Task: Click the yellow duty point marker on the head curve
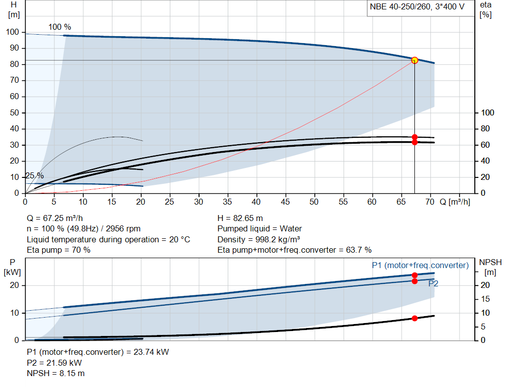coord(414,60)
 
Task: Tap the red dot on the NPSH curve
coord(414,319)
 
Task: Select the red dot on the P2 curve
coord(414,281)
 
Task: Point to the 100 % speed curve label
coord(60,27)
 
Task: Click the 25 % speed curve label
coord(34,176)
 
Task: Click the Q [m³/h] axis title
coord(455,202)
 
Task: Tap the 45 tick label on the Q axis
coord(285,202)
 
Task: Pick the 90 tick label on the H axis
coord(14,48)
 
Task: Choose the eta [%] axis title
coord(486,10)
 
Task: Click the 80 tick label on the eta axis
coord(485,129)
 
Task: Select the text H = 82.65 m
coord(240,219)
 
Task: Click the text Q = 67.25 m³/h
coord(54,219)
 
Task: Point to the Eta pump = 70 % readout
coord(58,250)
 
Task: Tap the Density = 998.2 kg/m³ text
coord(258,239)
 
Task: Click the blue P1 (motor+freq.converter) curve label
coord(420,265)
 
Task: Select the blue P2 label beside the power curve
coord(433,284)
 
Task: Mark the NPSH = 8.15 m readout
coord(55,374)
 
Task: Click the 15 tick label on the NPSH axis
coord(485,299)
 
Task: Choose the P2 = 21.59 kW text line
coord(54,363)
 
